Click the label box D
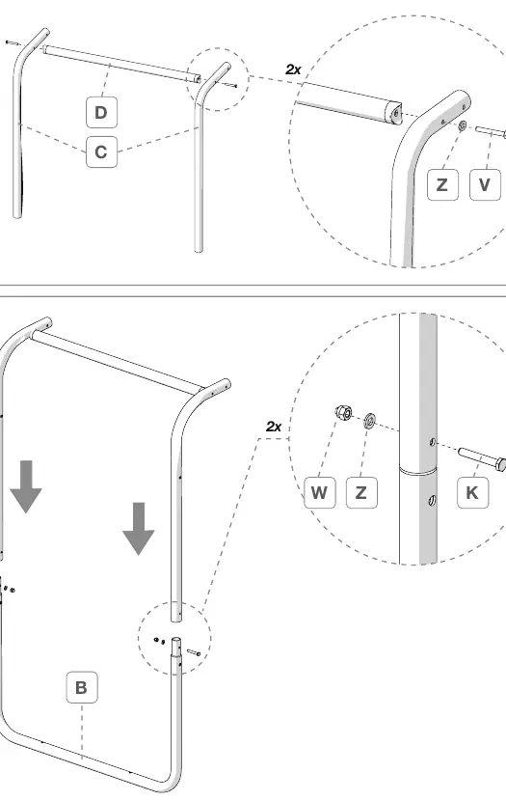tap(101, 112)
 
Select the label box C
tap(101, 152)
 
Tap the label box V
tap(484, 184)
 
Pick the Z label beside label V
tap(442, 184)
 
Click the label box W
tap(319, 492)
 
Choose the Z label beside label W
tap(361, 492)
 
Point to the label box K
tap(472, 492)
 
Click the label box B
tap(82, 687)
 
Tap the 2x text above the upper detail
tap(293, 69)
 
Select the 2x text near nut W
tap(274, 426)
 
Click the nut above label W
tap(343, 412)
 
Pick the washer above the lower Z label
tap(370, 422)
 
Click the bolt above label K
tap(482, 458)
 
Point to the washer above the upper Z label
tap(462, 125)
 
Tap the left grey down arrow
tap(25, 486)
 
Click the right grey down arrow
tap(138, 529)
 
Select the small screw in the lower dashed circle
tap(195, 652)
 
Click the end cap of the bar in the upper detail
tap(394, 113)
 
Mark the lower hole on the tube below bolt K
tap(432, 501)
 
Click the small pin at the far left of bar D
tap(11, 42)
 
